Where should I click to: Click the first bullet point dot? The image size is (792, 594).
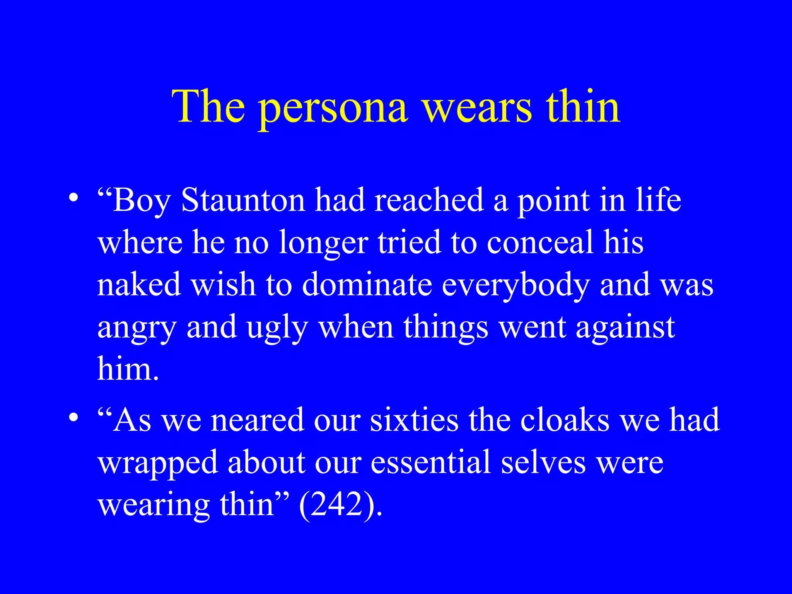pyautogui.click(x=73, y=198)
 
